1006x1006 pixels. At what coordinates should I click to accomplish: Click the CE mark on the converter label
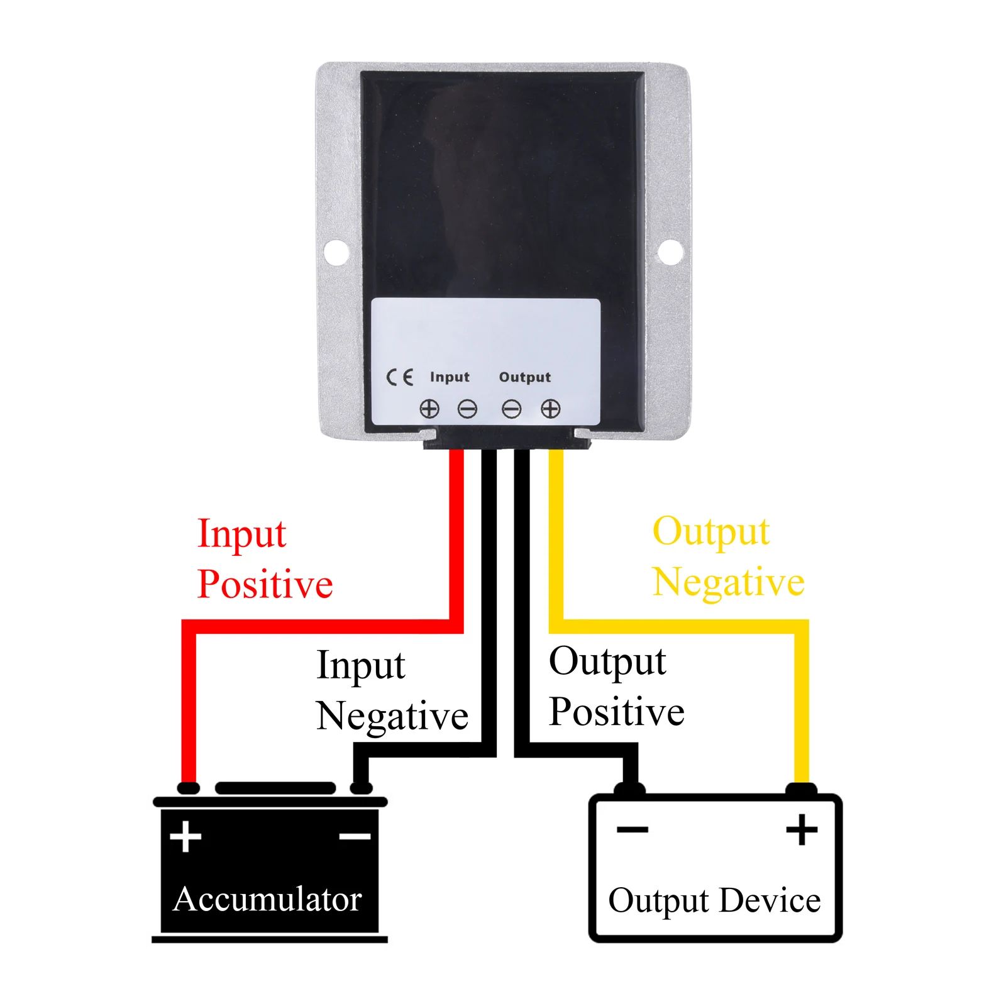point(399,377)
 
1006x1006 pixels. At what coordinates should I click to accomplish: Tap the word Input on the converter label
point(450,377)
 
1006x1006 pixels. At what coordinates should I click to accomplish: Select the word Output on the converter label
point(524,377)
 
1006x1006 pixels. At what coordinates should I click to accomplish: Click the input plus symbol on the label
point(429,409)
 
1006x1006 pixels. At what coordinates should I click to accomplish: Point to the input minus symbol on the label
point(467,409)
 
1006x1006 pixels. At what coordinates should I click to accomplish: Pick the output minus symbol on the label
point(511,409)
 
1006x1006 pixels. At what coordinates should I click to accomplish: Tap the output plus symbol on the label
point(550,409)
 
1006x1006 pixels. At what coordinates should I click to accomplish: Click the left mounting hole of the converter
point(336,251)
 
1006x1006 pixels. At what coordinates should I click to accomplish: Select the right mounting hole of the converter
point(670,252)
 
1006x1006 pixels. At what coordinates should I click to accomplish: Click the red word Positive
point(265,584)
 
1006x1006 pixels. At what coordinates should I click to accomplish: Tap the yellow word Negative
point(728,582)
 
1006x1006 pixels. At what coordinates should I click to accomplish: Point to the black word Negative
point(392,716)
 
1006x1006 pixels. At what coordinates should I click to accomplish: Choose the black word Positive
point(616,712)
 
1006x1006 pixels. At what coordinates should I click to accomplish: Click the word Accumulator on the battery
point(267,899)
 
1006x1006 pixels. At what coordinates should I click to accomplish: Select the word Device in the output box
point(770,900)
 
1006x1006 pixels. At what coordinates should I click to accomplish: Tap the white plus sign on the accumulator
point(185,836)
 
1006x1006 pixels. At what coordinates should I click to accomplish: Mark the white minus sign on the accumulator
point(355,836)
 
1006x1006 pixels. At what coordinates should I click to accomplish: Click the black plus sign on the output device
point(802,830)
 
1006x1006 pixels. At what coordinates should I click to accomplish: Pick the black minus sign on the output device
point(632,830)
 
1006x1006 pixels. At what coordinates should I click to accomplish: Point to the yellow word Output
point(710,533)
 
